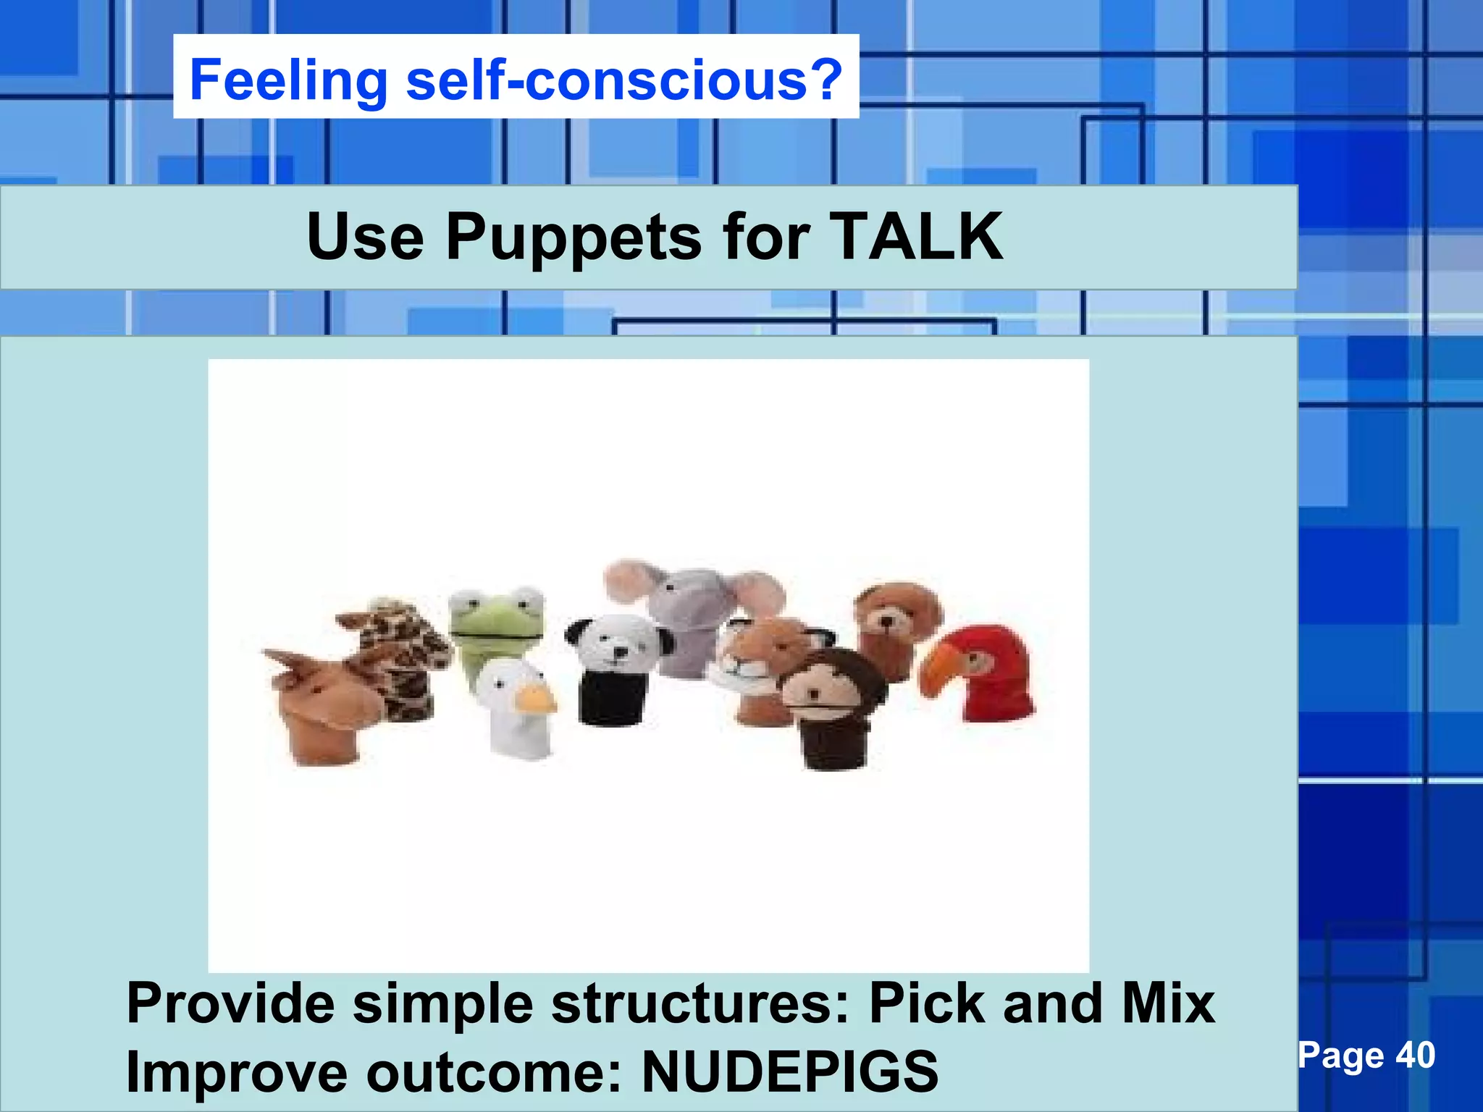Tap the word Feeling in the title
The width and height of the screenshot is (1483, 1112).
pyautogui.click(x=289, y=81)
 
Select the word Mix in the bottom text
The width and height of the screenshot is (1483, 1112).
pyautogui.click(x=1168, y=1004)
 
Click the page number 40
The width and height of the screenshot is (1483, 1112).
pyautogui.click(x=1415, y=1056)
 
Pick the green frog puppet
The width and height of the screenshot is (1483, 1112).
pyautogui.click(x=497, y=623)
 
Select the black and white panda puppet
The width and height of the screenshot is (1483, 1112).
pyautogui.click(x=616, y=662)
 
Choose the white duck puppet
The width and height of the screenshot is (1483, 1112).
pyautogui.click(x=514, y=706)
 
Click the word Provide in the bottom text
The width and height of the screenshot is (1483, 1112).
pyautogui.click(x=230, y=1004)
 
